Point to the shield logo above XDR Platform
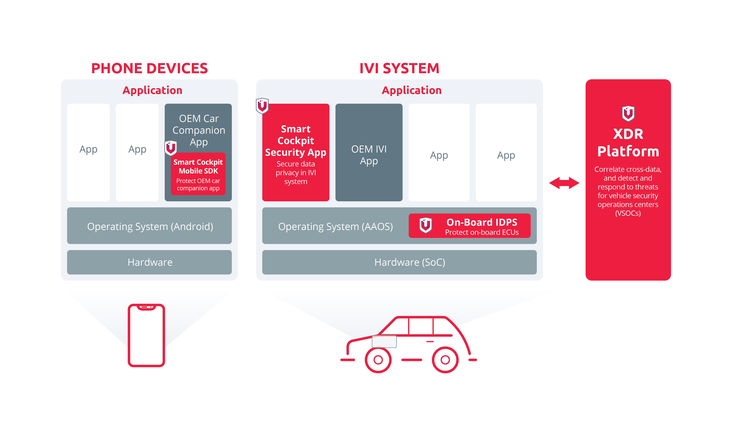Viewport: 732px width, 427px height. pyautogui.click(x=628, y=113)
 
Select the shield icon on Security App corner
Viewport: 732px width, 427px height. pyautogui.click(x=262, y=106)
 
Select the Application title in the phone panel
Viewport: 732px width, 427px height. pyautogui.click(x=152, y=90)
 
